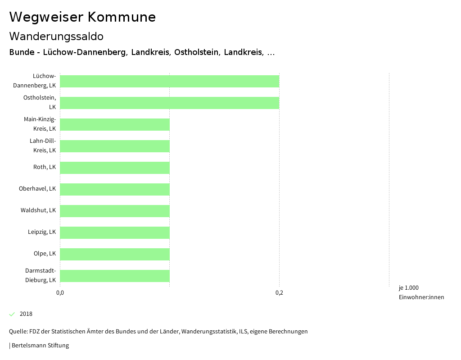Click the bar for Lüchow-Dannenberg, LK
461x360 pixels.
point(169,81)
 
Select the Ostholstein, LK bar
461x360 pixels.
point(169,103)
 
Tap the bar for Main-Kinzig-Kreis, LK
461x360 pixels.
point(115,124)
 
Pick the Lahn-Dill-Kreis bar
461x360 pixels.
point(115,146)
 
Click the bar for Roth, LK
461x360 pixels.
point(115,168)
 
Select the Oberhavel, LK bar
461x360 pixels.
point(115,189)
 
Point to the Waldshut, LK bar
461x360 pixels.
point(115,211)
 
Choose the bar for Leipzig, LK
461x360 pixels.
point(115,232)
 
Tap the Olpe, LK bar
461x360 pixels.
point(115,254)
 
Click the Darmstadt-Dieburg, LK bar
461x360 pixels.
point(115,276)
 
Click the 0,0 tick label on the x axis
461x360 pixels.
point(60,293)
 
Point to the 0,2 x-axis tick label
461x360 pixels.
point(279,293)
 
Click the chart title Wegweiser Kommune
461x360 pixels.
point(82,17)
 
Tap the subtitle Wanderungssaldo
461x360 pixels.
point(56,36)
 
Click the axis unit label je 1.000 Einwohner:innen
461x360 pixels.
point(421,292)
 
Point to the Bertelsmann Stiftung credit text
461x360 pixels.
point(40,346)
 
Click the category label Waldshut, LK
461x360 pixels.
point(38,210)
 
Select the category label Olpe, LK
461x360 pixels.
point(45,254)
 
